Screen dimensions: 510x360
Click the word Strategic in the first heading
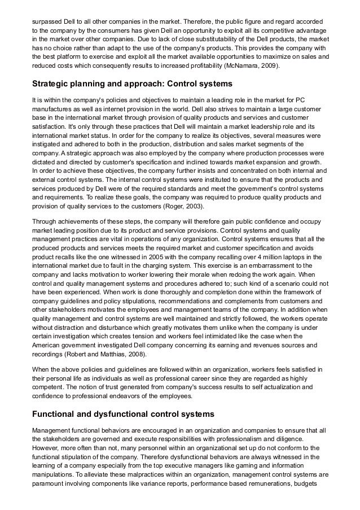coord(51,84)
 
